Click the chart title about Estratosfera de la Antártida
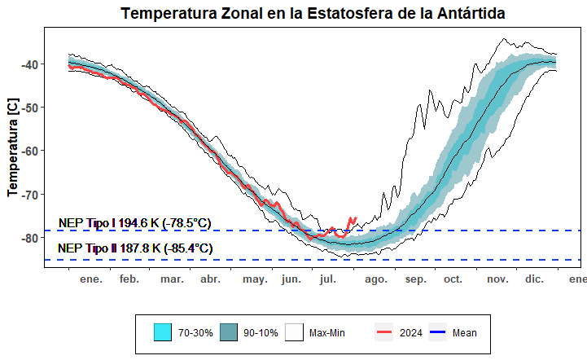pos(313,14)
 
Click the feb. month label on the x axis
pos(129,279)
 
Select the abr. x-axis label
pos(210,279)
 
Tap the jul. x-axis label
pos(328,279)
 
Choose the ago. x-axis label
pos(375,279)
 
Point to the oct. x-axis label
pos(453,279)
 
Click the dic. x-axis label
pos(534,279)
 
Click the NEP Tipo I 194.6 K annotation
pos(134,223)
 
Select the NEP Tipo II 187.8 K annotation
pos(135,248)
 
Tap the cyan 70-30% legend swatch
pos(162,332)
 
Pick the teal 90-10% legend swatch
pos(228,332)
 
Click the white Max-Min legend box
pos(294,332)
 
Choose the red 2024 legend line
pos(383,332)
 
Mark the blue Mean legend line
pos(438,332)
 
